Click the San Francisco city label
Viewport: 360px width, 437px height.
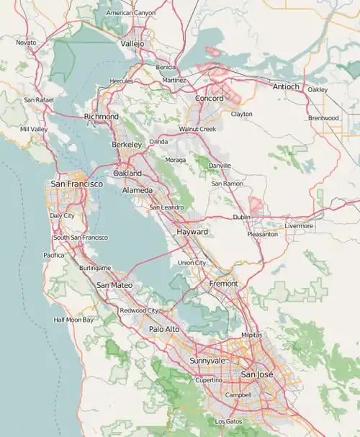[x=76, y=184]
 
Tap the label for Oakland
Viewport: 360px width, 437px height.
[x=127, y=174]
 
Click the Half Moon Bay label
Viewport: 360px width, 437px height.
[x=73, y=320]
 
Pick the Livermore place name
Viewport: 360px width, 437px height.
[x=299, y=226]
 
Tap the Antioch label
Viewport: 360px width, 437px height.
[x=286, y=86]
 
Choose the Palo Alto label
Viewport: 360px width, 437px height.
[x=165, y=329]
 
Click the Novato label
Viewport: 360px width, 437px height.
[x=26, y=42]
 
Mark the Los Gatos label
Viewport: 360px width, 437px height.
[x=229, y=421]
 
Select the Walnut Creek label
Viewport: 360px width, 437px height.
[x=197, y=129]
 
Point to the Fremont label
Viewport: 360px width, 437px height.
[x=222, y=284]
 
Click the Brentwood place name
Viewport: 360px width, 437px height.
[x=323, y=118]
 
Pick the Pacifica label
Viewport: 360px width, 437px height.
[x=54, y=255]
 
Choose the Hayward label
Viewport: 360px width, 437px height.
[x=192, y=232]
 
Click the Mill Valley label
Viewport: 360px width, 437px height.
[x=34, y=129]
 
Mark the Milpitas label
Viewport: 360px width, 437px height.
[x=252, y=335]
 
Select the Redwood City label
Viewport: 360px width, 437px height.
[x=139, y=310]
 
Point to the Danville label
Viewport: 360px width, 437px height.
[x=220, y=166]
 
